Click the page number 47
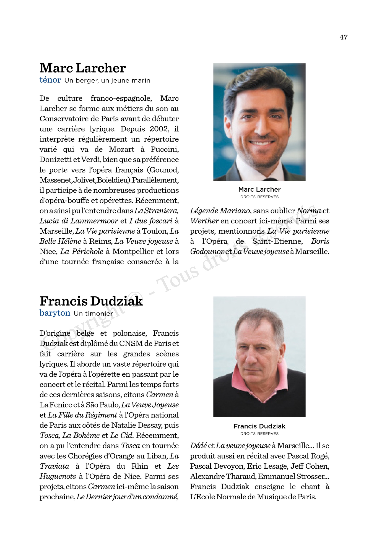[344, 37]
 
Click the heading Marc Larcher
[82, 68]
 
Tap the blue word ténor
[50, 80]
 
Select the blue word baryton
[55, 313]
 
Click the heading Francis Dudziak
[91, 301]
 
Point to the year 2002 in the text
[159, 129]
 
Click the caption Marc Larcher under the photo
[259, 189]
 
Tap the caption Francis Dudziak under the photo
[259, 426]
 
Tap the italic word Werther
[204, 221]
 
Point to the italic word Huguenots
[58, 476]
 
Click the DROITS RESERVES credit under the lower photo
[259, 434]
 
